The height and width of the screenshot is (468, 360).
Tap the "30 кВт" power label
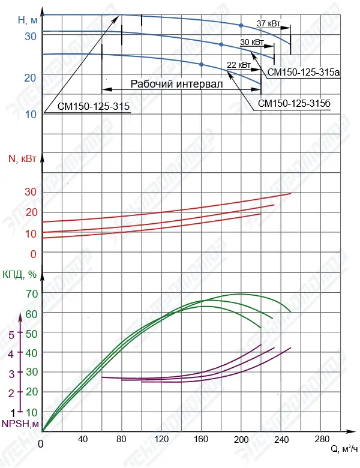point(251,43)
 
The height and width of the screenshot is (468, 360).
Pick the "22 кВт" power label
point(239,64)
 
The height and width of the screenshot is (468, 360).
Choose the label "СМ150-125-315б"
point(295,103)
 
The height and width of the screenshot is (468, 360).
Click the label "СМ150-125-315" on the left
point(94,107)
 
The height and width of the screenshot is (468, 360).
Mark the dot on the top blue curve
point(241,25)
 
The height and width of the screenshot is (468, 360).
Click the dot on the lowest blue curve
point(201,64)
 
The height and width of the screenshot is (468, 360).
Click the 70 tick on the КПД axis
point(31,293)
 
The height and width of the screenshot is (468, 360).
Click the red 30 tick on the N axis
point(31,192)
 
